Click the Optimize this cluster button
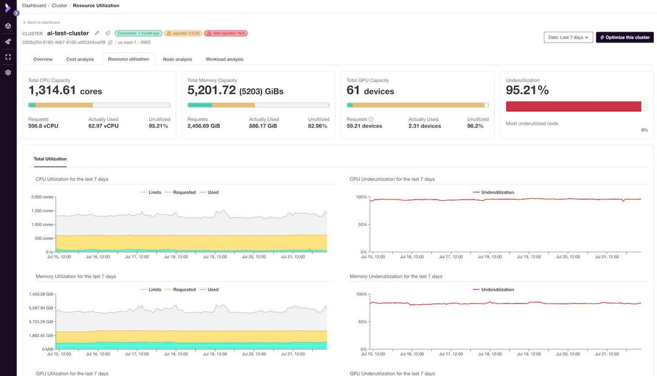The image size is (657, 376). coord(625,37)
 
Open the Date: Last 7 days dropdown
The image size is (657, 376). coord(568,37)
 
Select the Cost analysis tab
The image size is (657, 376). coord(80,59)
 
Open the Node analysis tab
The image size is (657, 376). coord(177,59)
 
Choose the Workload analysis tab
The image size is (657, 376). coord(224,59)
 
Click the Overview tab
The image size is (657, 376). coord(43,59)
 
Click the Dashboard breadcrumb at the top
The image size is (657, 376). coord(34,5)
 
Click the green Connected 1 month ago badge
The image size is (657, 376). coord(139,33)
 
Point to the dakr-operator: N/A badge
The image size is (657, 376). coord(226,33)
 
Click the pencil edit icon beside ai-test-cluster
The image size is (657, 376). coord(97,33)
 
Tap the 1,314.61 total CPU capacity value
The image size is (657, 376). coord(52,91)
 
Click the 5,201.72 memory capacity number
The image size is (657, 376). coord(212,91)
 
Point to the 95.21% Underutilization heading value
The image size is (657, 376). coord(527,91)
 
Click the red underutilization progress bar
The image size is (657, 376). coord(573,106)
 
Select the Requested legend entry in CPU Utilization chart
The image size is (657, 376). coord(184,192)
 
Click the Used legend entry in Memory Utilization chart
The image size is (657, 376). coord(212,290)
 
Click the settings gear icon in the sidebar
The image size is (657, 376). coord(8,72)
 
